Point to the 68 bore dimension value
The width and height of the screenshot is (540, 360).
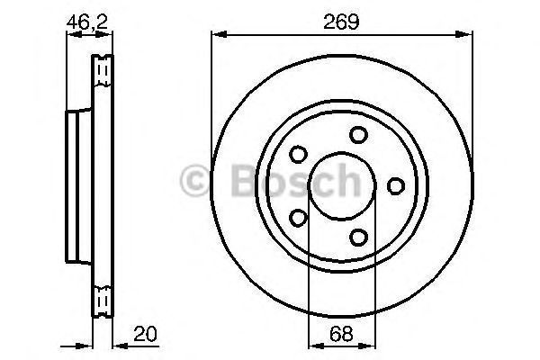[340, 334]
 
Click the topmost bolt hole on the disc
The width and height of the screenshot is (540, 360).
[359, 135]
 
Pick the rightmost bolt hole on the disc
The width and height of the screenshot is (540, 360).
[395, 184]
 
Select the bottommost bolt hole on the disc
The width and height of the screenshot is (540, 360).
[359, 237]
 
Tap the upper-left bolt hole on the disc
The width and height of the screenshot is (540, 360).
[299, 154]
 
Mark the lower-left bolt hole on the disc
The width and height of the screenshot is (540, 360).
[299, 216]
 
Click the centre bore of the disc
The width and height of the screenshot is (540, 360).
[340, 185]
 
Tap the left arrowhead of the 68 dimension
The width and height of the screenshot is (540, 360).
[312, 345]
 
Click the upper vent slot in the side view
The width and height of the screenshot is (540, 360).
[103, 69]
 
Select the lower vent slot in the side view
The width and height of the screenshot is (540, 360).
[103, 298]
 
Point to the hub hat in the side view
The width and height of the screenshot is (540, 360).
[79, 184]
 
